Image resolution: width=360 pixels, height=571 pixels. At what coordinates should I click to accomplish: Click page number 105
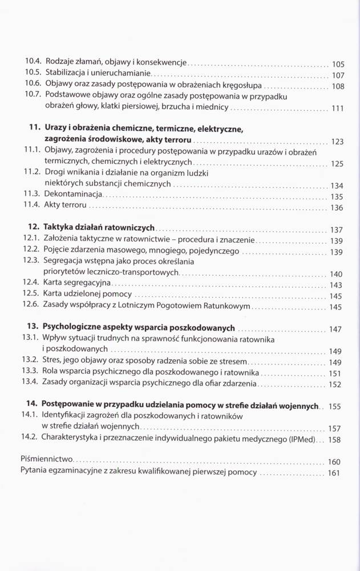pos(338,64)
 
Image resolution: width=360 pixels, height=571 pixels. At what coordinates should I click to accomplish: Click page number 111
pos(338,108)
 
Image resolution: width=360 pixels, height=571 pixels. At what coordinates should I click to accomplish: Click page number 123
pos(337,141)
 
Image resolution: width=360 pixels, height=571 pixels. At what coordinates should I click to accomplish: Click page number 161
pos(334,473)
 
